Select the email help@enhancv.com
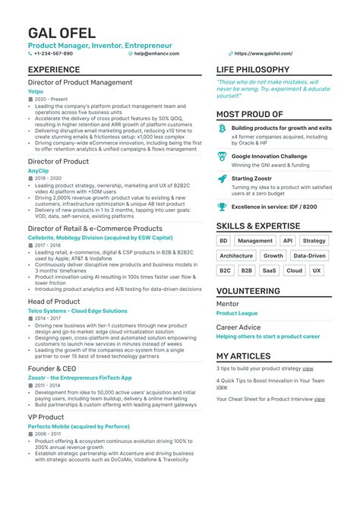point(156,54)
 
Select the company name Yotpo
point(36,90)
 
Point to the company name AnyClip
point(38,171)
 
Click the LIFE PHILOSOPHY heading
point(257,70)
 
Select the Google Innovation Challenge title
point(270,156)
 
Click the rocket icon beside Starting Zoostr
point(222,179)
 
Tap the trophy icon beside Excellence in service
point(222,206)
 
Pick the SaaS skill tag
point(269,270)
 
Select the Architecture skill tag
point(235,255)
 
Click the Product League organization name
point(236,313)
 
